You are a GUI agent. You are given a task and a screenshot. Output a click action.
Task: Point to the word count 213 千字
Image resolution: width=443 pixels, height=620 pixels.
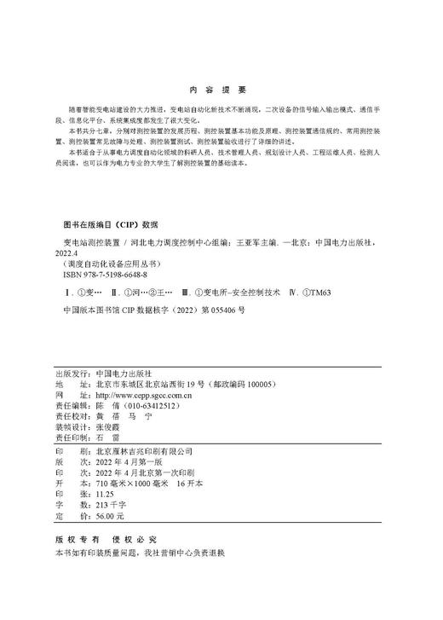click(109, 505)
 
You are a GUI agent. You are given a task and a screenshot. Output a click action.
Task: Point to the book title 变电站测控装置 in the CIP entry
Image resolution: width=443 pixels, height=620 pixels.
click(89, 242)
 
